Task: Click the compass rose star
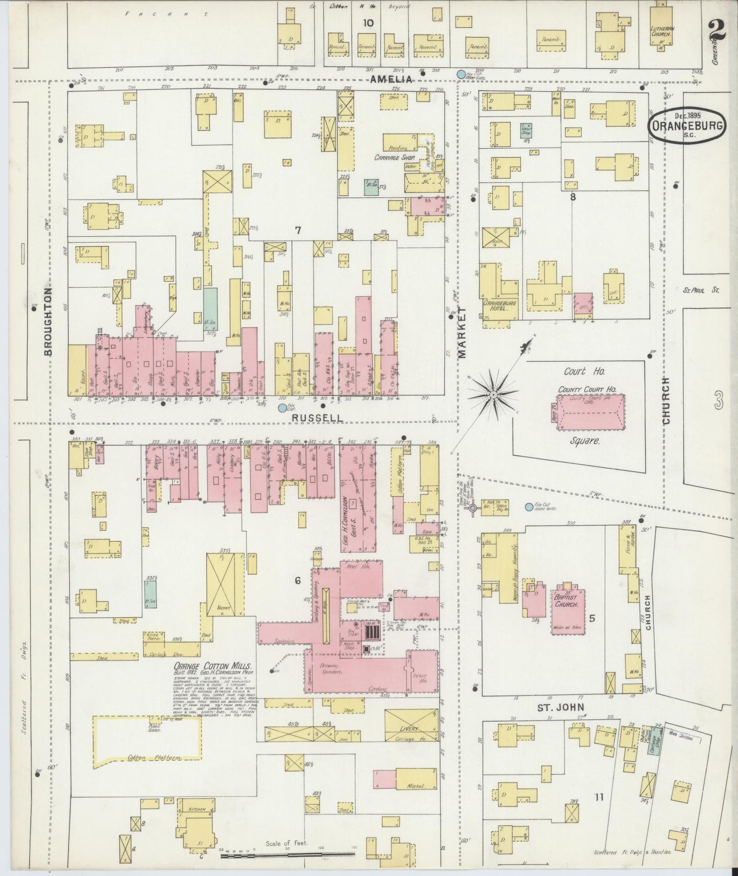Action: (493, 395)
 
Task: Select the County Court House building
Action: (588, 410)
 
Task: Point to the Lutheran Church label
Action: (662, 32)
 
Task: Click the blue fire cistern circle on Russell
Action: (282, 408)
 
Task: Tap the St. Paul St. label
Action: (701, 290)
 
